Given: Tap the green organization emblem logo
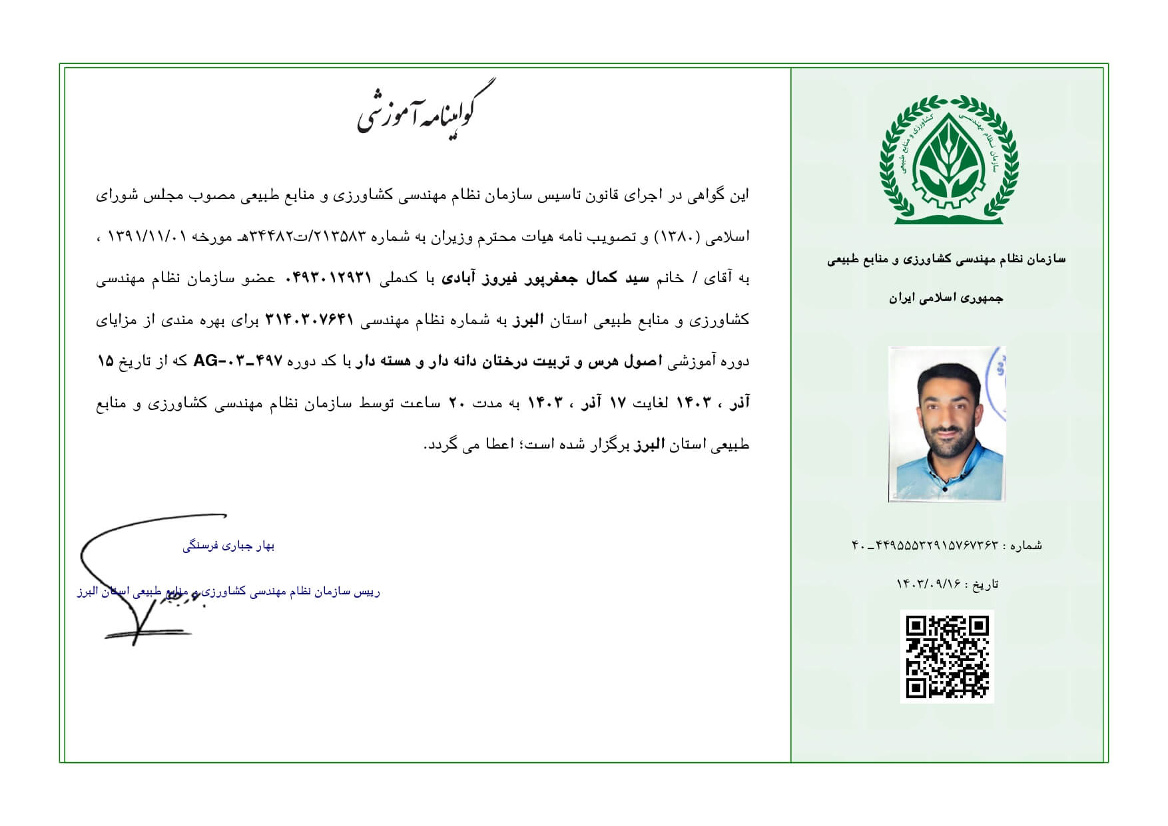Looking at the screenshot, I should [x=948, y=160].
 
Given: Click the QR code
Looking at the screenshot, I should [x=947, y=656].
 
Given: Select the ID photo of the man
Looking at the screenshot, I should [x=946, y=424].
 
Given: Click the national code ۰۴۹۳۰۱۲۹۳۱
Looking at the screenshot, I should [x=328, y=278].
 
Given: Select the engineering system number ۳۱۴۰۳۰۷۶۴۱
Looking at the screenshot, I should [x=308, y=320].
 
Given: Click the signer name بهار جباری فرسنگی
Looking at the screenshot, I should [x=228, y=546].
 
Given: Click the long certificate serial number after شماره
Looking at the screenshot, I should [x=925, y=546].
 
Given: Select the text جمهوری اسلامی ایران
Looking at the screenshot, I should [x=946, y=298].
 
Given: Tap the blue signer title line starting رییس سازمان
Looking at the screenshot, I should [x=228, y=592].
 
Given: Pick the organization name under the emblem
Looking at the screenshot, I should [x=946, y=260].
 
